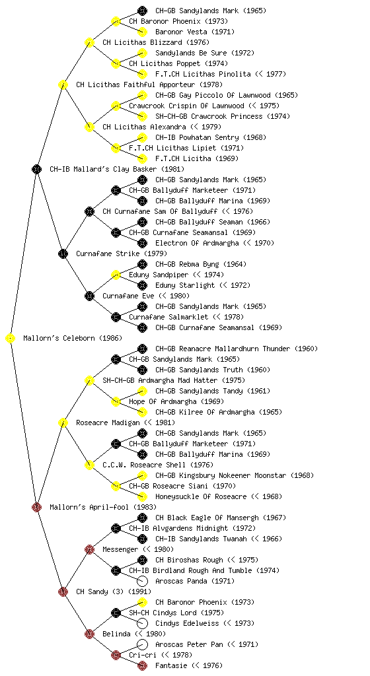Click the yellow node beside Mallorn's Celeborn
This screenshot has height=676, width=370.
coord(11,339)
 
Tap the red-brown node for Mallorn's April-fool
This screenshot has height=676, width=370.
coord(36,508)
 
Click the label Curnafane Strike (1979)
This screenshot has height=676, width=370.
coord(122,253)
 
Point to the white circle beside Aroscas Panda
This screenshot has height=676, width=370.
coord(142,581)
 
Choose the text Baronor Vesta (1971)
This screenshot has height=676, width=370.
coord(195,32)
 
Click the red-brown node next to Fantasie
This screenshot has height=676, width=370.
coord(142,665)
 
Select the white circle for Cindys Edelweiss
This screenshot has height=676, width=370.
coord(142,623)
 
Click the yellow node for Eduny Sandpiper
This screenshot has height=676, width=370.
coord(116,275)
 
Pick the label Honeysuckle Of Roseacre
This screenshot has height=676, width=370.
coord(201,496)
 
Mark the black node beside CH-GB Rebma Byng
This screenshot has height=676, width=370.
coord(142,264)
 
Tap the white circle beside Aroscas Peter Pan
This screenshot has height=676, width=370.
coord(142,644)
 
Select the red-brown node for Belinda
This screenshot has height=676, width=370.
coord(89,634)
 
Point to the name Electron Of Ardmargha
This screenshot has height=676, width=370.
coord(197,243)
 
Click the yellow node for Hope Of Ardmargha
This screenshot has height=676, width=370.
coord(116,401)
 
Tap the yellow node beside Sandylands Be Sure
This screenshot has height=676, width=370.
coord(142,53)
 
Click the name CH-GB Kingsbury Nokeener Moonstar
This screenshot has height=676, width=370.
coord(221,475)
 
